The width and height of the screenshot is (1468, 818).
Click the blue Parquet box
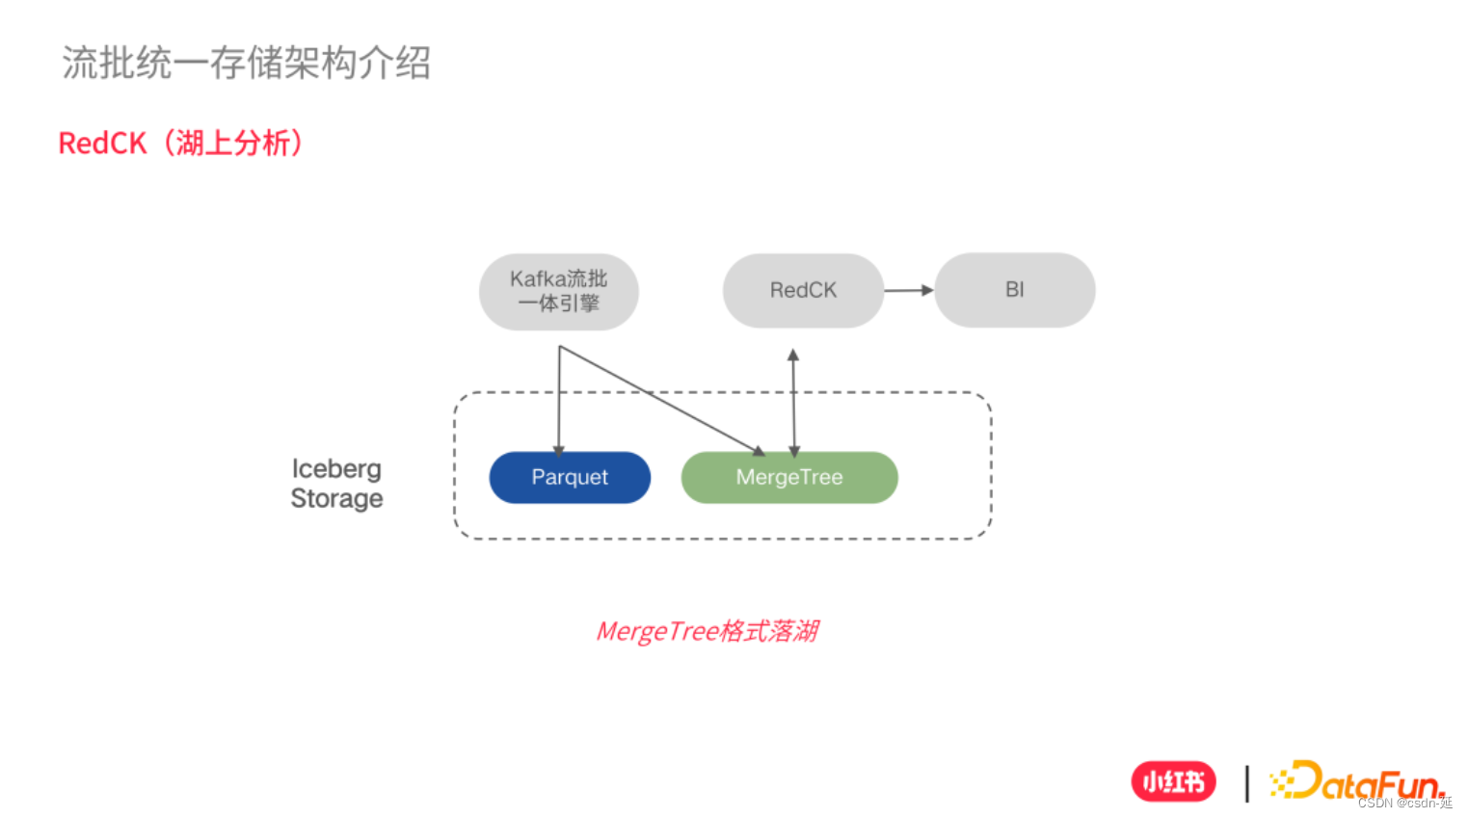pos(570,478)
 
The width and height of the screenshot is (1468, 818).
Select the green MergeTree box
pos(789,478)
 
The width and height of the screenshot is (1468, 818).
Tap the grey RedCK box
pos(803,290)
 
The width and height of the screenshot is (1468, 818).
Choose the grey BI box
pos(1014,290)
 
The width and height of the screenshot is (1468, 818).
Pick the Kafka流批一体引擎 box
pos(559,291)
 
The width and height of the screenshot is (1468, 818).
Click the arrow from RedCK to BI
pos(906,290)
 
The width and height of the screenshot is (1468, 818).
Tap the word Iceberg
pos(336,469)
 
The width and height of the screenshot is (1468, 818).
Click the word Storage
pos(336,499)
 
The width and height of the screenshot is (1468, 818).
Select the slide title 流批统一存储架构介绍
pos(246,64)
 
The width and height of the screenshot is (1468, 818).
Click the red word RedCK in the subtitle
pos(102,144)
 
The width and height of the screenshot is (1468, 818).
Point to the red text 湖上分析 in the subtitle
pos(232,144)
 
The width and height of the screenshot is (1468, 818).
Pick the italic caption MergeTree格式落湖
pos(707,632)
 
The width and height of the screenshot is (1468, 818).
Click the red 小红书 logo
pos(1173,782)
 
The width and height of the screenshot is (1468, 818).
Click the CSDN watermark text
pos(1404,803)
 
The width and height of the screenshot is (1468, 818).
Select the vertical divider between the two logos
pos(1246,783)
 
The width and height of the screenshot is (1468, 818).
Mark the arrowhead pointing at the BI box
pos(927,290)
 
